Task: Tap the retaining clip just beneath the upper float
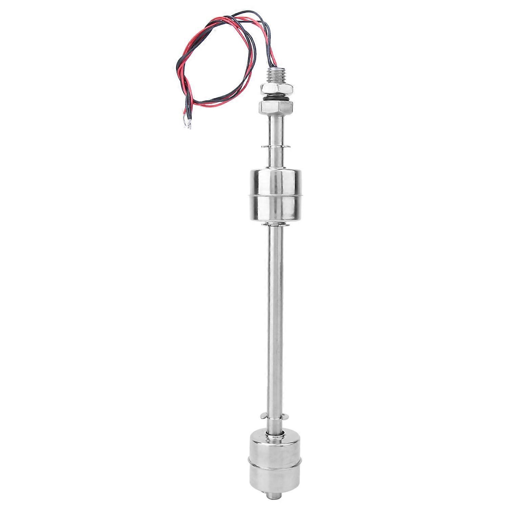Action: [x=275, y=224]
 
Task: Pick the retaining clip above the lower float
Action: [x=275, y=416]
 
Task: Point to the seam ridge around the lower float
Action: [x=275, y=461]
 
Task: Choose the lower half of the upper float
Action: [x=275, y=208]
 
